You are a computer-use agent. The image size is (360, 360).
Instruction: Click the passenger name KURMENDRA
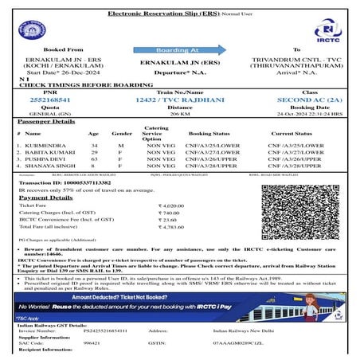click(43, 146)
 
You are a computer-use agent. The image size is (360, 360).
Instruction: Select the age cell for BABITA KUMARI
click(94, 153)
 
